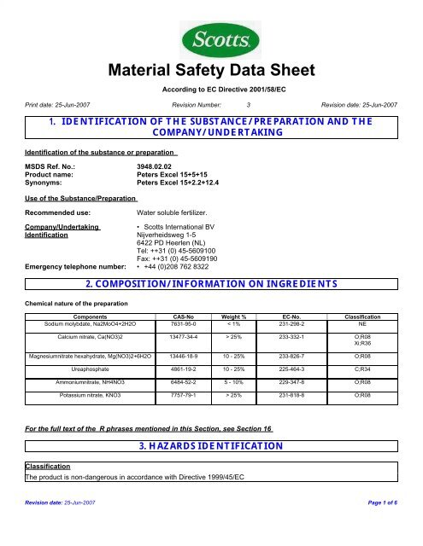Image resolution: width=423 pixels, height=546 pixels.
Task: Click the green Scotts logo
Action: click(x=212, y=39)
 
